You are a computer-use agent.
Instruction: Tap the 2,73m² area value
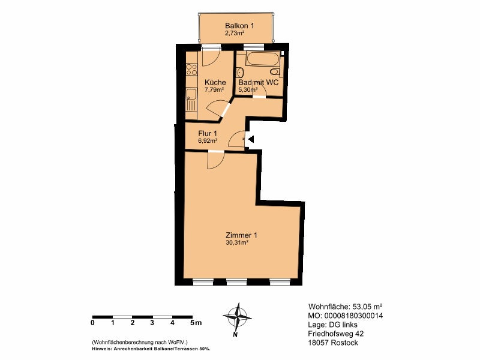235,34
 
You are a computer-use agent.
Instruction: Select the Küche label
215,82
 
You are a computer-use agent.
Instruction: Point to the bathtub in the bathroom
263,59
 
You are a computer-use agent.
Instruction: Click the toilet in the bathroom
275,72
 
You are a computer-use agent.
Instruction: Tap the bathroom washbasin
241,73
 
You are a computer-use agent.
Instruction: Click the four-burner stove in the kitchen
191,70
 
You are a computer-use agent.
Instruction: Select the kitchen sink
191,100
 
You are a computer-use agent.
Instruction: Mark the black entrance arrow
251,140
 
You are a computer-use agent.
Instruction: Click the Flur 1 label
208,133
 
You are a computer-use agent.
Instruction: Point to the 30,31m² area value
236,243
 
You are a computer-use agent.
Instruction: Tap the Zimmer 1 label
241,235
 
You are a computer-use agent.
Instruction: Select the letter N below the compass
235,335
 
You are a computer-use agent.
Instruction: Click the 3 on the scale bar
152,323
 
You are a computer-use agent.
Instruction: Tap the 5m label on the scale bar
196,323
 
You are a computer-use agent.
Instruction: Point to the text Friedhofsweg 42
336,334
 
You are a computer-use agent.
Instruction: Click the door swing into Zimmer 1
215,160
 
